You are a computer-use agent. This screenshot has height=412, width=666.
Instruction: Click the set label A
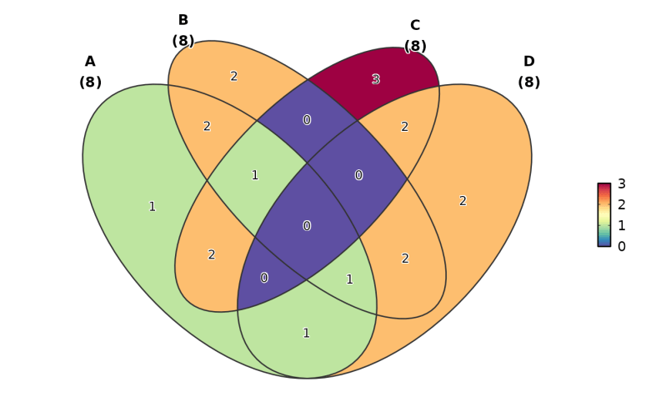pos(90,62)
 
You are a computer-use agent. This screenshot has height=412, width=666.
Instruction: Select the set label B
pos(183,21)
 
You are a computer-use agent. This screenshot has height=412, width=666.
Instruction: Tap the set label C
pos(415,26)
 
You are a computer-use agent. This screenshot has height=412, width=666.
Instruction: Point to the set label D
pos(528,62)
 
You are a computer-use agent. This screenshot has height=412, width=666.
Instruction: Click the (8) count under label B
pos(183,41)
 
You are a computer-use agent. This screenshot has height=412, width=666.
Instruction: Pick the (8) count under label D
pos(528,83)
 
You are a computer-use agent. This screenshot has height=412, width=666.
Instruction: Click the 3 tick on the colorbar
pos(621,184)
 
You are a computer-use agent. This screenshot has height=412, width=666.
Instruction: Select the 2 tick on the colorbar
pos(621,205)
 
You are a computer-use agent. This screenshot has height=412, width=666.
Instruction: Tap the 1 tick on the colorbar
pos(621,226)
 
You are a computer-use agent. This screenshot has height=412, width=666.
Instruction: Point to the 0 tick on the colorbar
pos(621,246)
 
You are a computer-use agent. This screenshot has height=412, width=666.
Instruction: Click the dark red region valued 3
pos(375,79)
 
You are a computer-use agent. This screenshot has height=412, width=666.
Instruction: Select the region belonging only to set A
pos(152,207)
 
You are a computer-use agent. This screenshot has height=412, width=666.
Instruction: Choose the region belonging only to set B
pos(233,77)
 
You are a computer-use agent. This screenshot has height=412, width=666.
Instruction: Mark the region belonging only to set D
pos(463,201)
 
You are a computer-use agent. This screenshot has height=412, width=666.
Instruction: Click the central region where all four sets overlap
pos(307,226)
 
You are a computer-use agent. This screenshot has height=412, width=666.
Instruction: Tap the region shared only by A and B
pos(207,127)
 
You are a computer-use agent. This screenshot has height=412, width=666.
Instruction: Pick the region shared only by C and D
pos(404,127)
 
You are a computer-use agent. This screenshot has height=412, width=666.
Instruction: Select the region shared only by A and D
pos(306,334)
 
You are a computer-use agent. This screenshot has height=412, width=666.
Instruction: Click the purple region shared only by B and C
pos(307,120)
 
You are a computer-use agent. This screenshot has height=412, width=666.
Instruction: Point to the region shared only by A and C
pos(212,255)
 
